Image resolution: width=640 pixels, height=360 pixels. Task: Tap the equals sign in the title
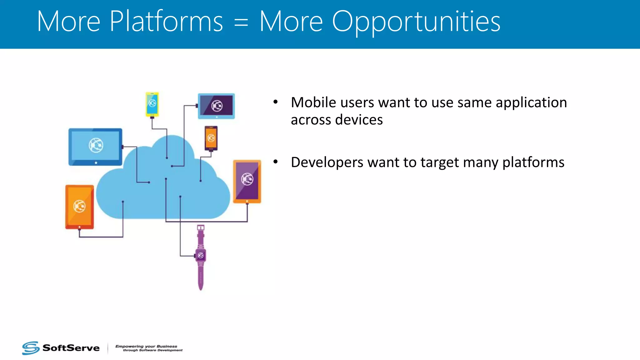[x=241, y=22]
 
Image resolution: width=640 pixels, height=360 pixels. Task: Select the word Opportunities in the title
[x=416, y=22]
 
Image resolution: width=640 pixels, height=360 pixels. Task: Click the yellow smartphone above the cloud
[x=152, y=104]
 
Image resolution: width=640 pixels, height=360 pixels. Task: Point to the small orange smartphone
[x=211, y=138]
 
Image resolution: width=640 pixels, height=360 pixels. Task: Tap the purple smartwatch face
[x=201, y=256]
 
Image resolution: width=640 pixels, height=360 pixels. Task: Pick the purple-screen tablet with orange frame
[x=247, y=181]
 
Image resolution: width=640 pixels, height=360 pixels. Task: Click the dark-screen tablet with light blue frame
[x=216, y=106]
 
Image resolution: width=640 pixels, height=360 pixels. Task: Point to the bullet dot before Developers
[x=275, y=162]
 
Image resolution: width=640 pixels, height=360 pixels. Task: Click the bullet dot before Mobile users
[x=275, y=102]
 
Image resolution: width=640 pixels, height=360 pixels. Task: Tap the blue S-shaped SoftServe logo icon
[x=31, y=348]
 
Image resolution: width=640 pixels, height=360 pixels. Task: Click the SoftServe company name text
[x=71, y=348]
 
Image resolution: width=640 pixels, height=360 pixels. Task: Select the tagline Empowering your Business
[x=146, y=346]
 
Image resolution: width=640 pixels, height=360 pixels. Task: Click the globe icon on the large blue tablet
[x=96, y=145]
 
